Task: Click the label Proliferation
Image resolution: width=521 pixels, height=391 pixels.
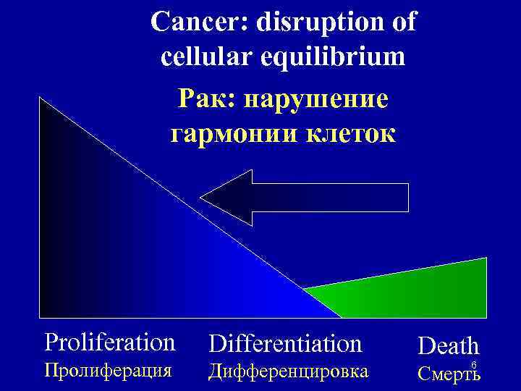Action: coord(109,341)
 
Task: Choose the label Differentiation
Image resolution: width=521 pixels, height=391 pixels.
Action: coord(285,342)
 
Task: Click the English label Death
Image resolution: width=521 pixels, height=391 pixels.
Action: coord(448,345)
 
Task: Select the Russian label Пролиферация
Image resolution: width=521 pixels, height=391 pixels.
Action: coord(108,371)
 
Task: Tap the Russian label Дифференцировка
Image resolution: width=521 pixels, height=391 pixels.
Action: coord(288,371)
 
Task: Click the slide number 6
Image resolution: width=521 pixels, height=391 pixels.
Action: coord(473,364)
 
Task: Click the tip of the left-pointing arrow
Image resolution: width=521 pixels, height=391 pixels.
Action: coord(203,197)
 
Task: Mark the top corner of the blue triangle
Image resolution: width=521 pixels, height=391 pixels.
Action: coord(41,98)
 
